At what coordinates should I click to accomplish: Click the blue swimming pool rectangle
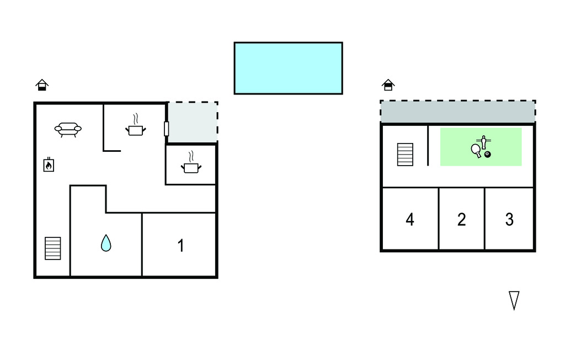tap(288, 68)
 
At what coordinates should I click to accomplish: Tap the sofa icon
tap(68, 130)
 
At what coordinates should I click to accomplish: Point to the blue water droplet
tap(106, 243)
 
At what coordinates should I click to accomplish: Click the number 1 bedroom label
tap(181, 246)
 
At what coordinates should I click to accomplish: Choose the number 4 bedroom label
tap(410, 219)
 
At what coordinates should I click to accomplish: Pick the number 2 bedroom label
tap(462, 219)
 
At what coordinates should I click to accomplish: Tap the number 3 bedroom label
tap(509, 219)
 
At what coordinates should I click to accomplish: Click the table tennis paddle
tap(476, 150)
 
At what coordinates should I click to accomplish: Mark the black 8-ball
tap(488, 155)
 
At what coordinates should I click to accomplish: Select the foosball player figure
tap(483, 142)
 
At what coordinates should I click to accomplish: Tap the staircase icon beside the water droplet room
tap(52, 248)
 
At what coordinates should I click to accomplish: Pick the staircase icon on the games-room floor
tap(405, 155)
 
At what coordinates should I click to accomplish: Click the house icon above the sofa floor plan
tap(42, 85)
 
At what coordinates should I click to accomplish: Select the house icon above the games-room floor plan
tap(388, 85)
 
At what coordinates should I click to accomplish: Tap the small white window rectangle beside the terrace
tap(167, 129)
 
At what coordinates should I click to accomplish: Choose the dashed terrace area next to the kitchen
tap(193, 122)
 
